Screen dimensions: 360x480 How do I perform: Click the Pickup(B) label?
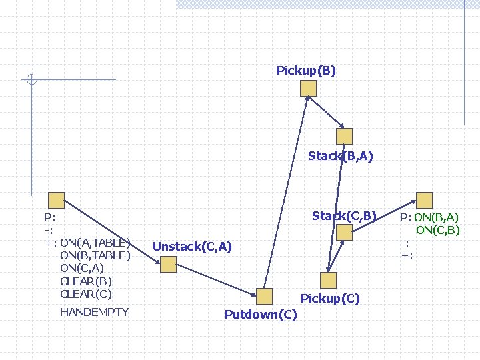(x=306, y=71)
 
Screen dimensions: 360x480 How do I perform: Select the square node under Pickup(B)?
(x=307, y=89)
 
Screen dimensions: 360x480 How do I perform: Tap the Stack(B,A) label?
(x=340, y=157)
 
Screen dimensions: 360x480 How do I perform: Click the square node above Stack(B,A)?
(x=344, y=136)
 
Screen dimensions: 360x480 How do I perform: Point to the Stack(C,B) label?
(x=344, y=215)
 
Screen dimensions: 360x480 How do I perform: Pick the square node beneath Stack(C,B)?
(x=344, y=232)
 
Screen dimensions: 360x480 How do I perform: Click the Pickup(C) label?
(x=330, y=299)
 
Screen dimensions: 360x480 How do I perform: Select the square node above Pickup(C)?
(x=328, y=280)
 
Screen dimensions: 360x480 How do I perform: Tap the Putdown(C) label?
(x=261, y=314)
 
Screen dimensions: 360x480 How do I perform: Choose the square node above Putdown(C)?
(x=265, y=297)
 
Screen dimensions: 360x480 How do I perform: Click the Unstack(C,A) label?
(x=192, y=247)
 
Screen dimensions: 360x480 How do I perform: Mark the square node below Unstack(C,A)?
(x=168, y=265)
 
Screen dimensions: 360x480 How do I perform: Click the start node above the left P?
(x=56, y=200)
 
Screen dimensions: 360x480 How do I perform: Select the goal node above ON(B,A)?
(x=424, y=200)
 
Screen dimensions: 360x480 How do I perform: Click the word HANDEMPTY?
(x=94, y=312)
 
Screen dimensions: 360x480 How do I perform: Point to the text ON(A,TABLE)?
(x=95, y=241)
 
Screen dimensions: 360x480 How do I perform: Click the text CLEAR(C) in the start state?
(x=86, y=293)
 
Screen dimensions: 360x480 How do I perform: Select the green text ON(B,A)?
(x=436, y=217)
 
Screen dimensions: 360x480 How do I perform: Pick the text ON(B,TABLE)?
(x=95, y=255)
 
